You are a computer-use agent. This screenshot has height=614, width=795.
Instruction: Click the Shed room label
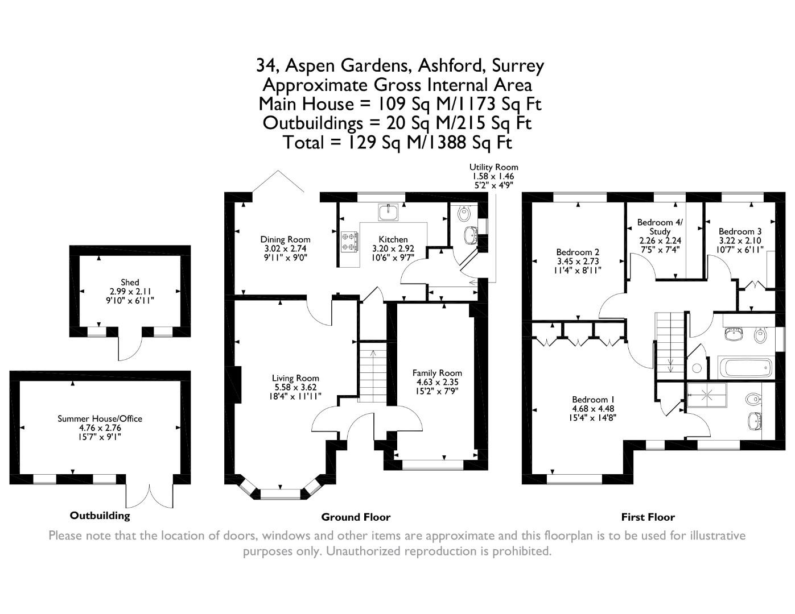click(130, 282)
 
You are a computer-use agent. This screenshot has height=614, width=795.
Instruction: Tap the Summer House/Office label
click(100, 418)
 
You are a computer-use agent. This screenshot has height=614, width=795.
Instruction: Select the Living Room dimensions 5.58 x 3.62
click(295, 387)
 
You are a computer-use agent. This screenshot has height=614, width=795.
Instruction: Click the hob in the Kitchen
click(349, 241)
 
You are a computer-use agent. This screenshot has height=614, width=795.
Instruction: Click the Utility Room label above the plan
click(493, 167)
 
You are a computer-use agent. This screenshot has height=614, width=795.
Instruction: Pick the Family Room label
click(437, 373)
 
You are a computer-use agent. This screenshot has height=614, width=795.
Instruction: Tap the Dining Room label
click(285, 239)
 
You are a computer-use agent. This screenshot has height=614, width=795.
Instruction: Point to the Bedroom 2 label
click(578, 252)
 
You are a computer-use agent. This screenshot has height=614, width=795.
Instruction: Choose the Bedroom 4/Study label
click(660, 227)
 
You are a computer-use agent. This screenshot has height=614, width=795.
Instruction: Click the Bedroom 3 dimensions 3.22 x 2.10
click(740, 240)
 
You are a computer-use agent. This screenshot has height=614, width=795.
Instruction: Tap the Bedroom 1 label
click(594, 399)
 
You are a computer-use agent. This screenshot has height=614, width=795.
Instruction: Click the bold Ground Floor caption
click(356, 517)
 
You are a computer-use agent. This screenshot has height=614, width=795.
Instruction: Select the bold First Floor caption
click(648, 517)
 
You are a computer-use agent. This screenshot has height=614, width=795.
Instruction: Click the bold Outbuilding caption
click(100, 516)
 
